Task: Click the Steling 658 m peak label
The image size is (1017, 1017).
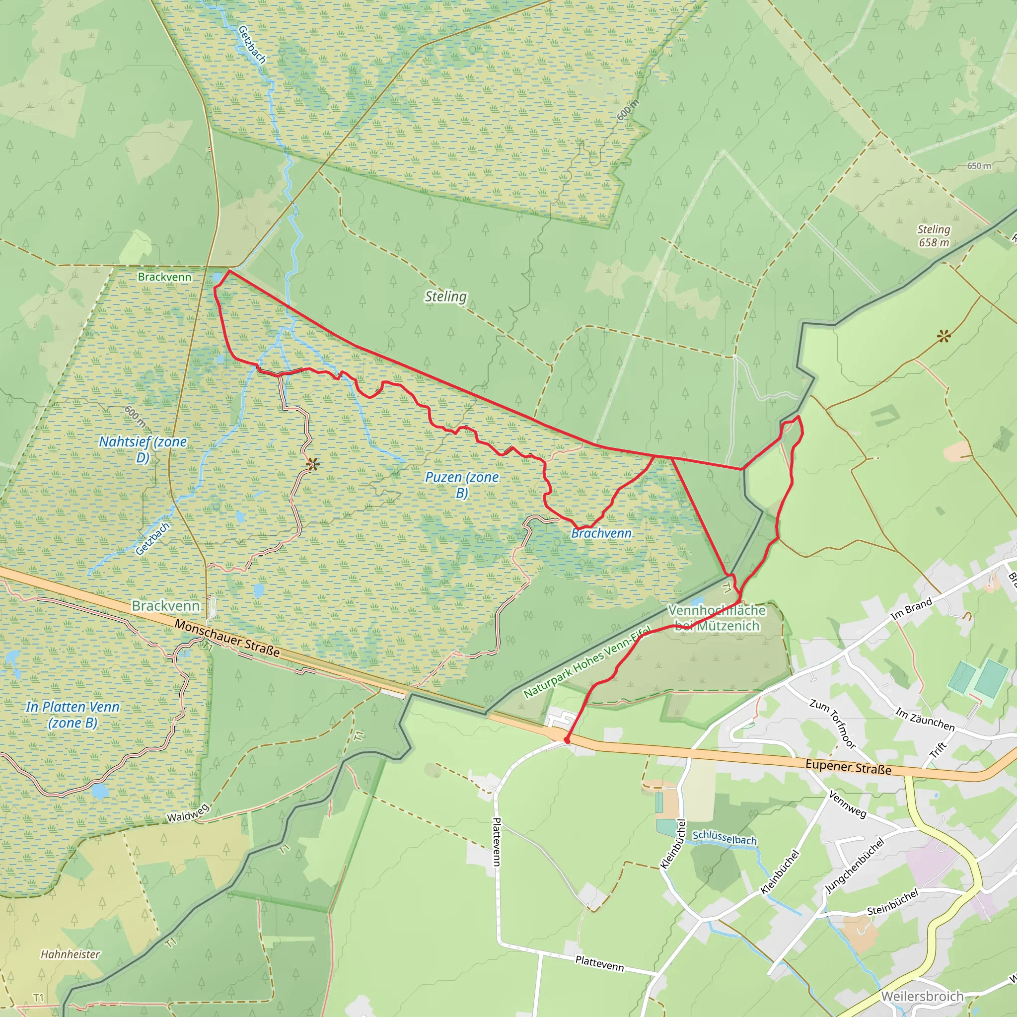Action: click(x=934, y=236)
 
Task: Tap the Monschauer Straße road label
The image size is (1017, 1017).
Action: click(x=227, y=638)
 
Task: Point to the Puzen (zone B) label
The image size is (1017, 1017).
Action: click(x=462, y=485)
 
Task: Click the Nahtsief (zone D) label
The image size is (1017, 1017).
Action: click(x=143, y=449)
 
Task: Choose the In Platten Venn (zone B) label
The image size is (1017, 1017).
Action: click(x=73, y=714)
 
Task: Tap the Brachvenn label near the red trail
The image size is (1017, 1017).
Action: click(x=601, y=533)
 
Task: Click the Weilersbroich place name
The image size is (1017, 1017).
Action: click(x=922, y=996)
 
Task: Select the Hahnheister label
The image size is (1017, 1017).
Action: click(x=70, y=954)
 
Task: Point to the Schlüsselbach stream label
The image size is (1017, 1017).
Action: click(x=725, y=837)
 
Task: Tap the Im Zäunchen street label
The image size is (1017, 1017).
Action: click(x=925, y=720)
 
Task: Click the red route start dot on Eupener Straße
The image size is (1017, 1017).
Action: click(x=567, y=740)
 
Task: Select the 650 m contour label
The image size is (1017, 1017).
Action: click(x=979, y=166)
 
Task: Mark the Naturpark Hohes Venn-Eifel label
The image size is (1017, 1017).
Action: click(x=587, y=663)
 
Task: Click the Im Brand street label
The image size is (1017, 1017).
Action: click(x=911, y=608)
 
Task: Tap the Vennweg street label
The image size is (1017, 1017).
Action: click(x=848, y=804)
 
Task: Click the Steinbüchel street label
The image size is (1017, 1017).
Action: click(x=892, y=901)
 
